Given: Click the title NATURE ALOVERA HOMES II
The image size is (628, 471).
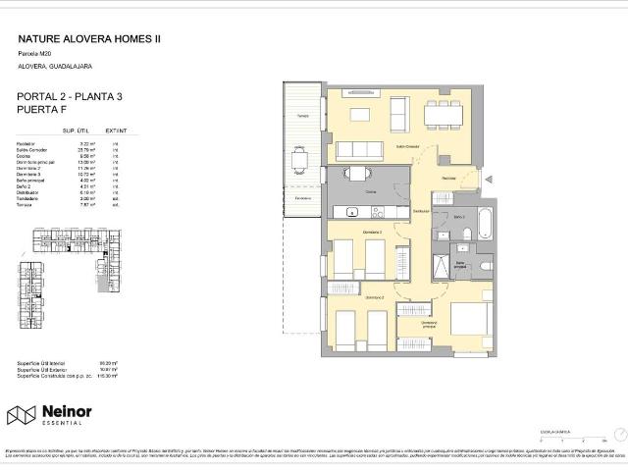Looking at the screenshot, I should (x=89, y=39).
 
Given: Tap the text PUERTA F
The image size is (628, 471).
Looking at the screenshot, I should (x=46, y=110).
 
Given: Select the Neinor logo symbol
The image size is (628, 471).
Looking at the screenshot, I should (x=22, y=415).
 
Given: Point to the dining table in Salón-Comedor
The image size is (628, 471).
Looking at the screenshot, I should (x=445, y=116).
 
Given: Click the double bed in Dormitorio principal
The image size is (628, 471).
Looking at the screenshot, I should (x=470, y=322).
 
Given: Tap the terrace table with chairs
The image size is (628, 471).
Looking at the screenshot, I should (x=299, y=160).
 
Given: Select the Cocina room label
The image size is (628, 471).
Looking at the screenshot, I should (x=371, y=192).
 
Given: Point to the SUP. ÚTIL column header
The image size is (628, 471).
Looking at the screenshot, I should (x=77, y=130).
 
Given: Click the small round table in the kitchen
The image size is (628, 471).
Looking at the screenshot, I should (x=358, y=175).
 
